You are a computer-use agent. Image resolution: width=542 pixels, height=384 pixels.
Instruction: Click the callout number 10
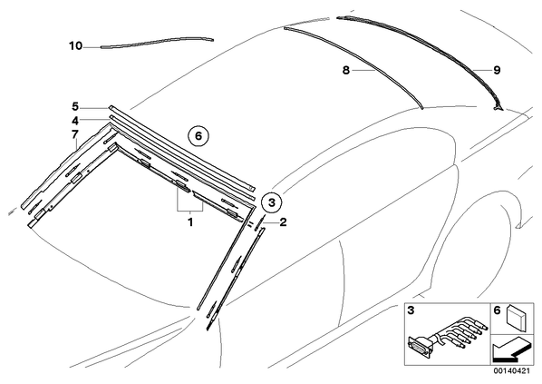click(x=76, y=45)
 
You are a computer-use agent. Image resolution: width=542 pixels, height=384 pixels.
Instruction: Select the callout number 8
click(x=346, y=70)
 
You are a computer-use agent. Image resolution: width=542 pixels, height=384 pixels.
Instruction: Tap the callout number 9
click(x=497, y=70)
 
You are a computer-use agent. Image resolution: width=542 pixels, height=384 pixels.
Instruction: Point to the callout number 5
click(x=75, y=105)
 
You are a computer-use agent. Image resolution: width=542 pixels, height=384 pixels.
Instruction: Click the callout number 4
click(x=75, y=121)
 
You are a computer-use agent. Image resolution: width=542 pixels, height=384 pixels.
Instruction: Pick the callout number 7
click(x=75, y=134)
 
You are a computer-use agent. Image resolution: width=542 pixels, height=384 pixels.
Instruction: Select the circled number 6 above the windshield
click(x=198, y=136)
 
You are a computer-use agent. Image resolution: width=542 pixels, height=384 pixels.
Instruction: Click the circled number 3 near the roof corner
click(x=272, y=202)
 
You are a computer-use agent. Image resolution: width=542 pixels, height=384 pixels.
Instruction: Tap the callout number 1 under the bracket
click(x=189, y=222)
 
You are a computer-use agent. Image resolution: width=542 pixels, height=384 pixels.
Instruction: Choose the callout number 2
click(x=283, y=222)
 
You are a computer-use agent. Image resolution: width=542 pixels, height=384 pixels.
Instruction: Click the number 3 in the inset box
click(x=411, y=310)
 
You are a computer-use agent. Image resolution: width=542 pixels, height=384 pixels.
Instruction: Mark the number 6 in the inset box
click(x=497, y=310)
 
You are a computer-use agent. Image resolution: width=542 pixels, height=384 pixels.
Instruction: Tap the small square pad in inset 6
click(x=515, y=316)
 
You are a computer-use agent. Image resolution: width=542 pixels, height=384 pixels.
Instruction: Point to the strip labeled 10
click(x=158, y=41)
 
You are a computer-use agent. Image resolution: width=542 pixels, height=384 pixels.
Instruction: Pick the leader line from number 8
click(x=363, y=70)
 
